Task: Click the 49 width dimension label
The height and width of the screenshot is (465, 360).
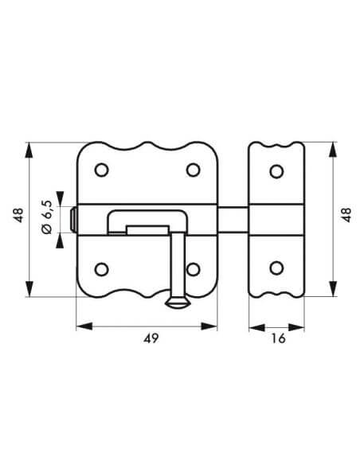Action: point(149,338)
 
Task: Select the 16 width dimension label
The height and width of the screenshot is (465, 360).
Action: point(276,338)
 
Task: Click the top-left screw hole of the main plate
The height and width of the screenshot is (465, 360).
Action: point(101,170)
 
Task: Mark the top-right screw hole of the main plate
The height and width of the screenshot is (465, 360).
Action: point(192,170)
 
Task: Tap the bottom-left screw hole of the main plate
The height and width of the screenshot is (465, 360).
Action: point(101,268)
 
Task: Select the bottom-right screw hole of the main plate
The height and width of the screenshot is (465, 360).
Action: point(192,268)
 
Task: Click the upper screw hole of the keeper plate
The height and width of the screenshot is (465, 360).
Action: point(276,171)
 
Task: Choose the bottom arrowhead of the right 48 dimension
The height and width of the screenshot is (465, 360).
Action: point(331,290)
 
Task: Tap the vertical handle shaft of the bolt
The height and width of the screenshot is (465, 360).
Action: point(178,263)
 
